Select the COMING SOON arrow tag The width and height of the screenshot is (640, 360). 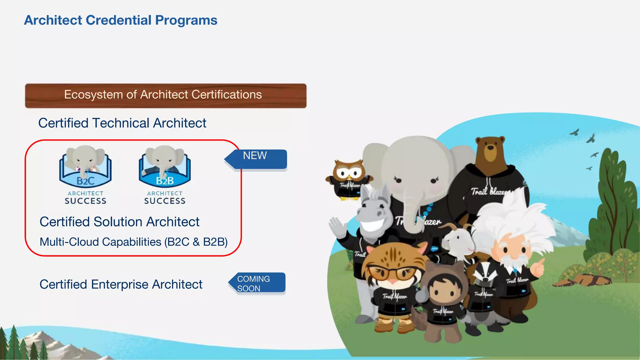(x=257, y=283)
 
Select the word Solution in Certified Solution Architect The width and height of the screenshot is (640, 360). (x=119, y=222)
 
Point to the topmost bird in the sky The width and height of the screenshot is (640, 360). (x=574, y=132)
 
